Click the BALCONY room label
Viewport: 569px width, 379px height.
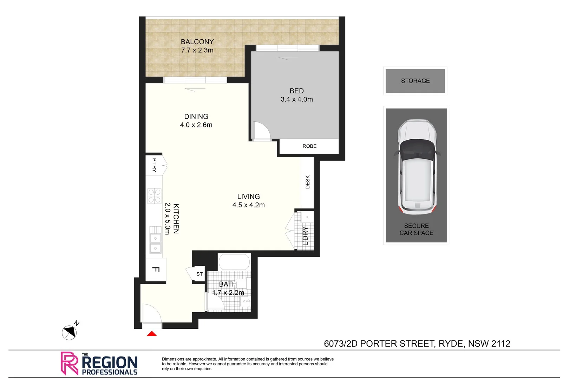pyautogui.click(x=197, y=42)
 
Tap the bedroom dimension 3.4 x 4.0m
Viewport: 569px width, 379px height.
pyautogui.click(x=296, y=99)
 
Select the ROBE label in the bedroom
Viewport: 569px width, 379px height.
pyautogui.click(x=309, y=146)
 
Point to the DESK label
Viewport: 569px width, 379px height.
pyautogui.click(x=308, y=182)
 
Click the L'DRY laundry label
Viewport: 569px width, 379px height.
pyautogui.click(x=305, y=236)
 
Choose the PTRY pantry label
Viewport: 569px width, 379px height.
pyautogui.click(x=154, y=165)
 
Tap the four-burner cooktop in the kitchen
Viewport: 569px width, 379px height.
pyautogui.click(x=154, y=196)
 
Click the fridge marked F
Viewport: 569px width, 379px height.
pyautogui.click(x=156, y=270)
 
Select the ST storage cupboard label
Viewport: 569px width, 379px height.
pyautogui.click(x=200, y=274)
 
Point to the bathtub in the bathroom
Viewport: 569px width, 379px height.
pyautogui.click(x=234, y=262)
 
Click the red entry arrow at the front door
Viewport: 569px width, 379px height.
pyautogui.click(x=152, y=334)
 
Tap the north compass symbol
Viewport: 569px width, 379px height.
pyautogui.click(x=69, y=332)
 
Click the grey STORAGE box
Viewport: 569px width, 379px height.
pyautogui.click(x=415, y=81)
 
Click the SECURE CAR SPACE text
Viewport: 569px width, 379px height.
pyautogui.click(x=416, y=229)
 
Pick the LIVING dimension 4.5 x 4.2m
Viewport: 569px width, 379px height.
pyautogui.click(x=248, y=205)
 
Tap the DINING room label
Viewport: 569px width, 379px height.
pyautogui.click(x=196, y=117)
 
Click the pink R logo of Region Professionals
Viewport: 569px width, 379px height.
pyautogui.click(x=69, y=363)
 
